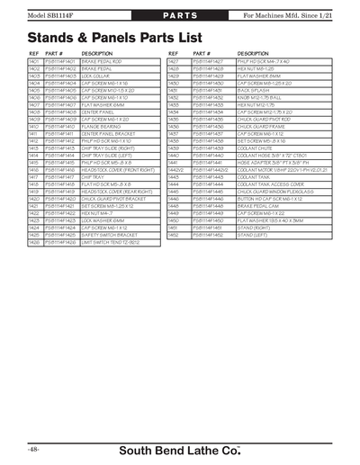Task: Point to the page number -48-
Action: click(x=33, y=447)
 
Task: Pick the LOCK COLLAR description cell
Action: click(x=95, y=76)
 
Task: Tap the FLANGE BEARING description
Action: click(x=99, y=127)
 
